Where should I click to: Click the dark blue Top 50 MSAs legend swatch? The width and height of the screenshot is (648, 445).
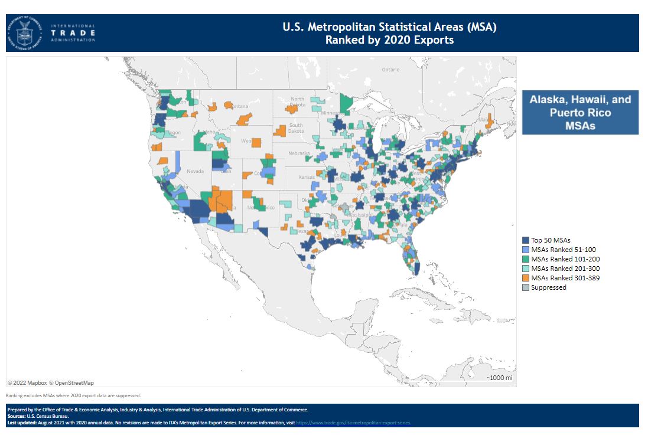pos(525,240)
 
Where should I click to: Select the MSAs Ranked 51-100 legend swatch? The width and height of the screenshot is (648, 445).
pos(525,250)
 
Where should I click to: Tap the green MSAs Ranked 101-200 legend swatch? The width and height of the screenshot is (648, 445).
pos(525,259)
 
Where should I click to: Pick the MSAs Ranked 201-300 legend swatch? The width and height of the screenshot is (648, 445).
pos(525,269)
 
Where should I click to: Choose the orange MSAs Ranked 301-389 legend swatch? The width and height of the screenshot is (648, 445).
pos(525,278)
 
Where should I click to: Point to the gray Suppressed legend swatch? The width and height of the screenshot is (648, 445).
pos(525,287)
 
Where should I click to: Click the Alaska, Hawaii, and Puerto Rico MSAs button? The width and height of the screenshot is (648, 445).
pos(579,112)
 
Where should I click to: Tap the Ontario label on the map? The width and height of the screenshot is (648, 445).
pos(390,70)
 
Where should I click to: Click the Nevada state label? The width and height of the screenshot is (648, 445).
pos(195,171)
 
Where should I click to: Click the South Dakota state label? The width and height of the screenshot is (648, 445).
pos(295,128)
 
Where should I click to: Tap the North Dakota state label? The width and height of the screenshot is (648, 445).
pos(297,102)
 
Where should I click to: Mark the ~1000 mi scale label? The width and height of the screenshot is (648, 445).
pos(499,378)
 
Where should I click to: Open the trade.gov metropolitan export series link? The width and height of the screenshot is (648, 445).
pos(353,423)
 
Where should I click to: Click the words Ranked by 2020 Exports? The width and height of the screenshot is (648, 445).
pos(389,40)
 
